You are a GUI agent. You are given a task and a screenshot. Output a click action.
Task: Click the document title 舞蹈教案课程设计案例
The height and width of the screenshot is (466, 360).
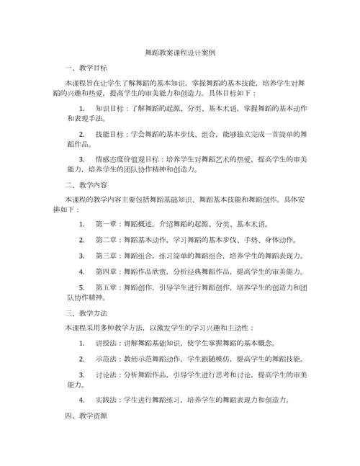180,53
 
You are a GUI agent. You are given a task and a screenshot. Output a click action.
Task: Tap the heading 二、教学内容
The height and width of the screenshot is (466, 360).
86,184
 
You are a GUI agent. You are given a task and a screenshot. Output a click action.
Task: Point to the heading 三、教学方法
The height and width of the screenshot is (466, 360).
86,313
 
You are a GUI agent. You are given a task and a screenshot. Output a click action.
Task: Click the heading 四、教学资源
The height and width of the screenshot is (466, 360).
86,416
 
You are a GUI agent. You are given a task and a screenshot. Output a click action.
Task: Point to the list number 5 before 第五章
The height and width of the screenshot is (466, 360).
82,288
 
